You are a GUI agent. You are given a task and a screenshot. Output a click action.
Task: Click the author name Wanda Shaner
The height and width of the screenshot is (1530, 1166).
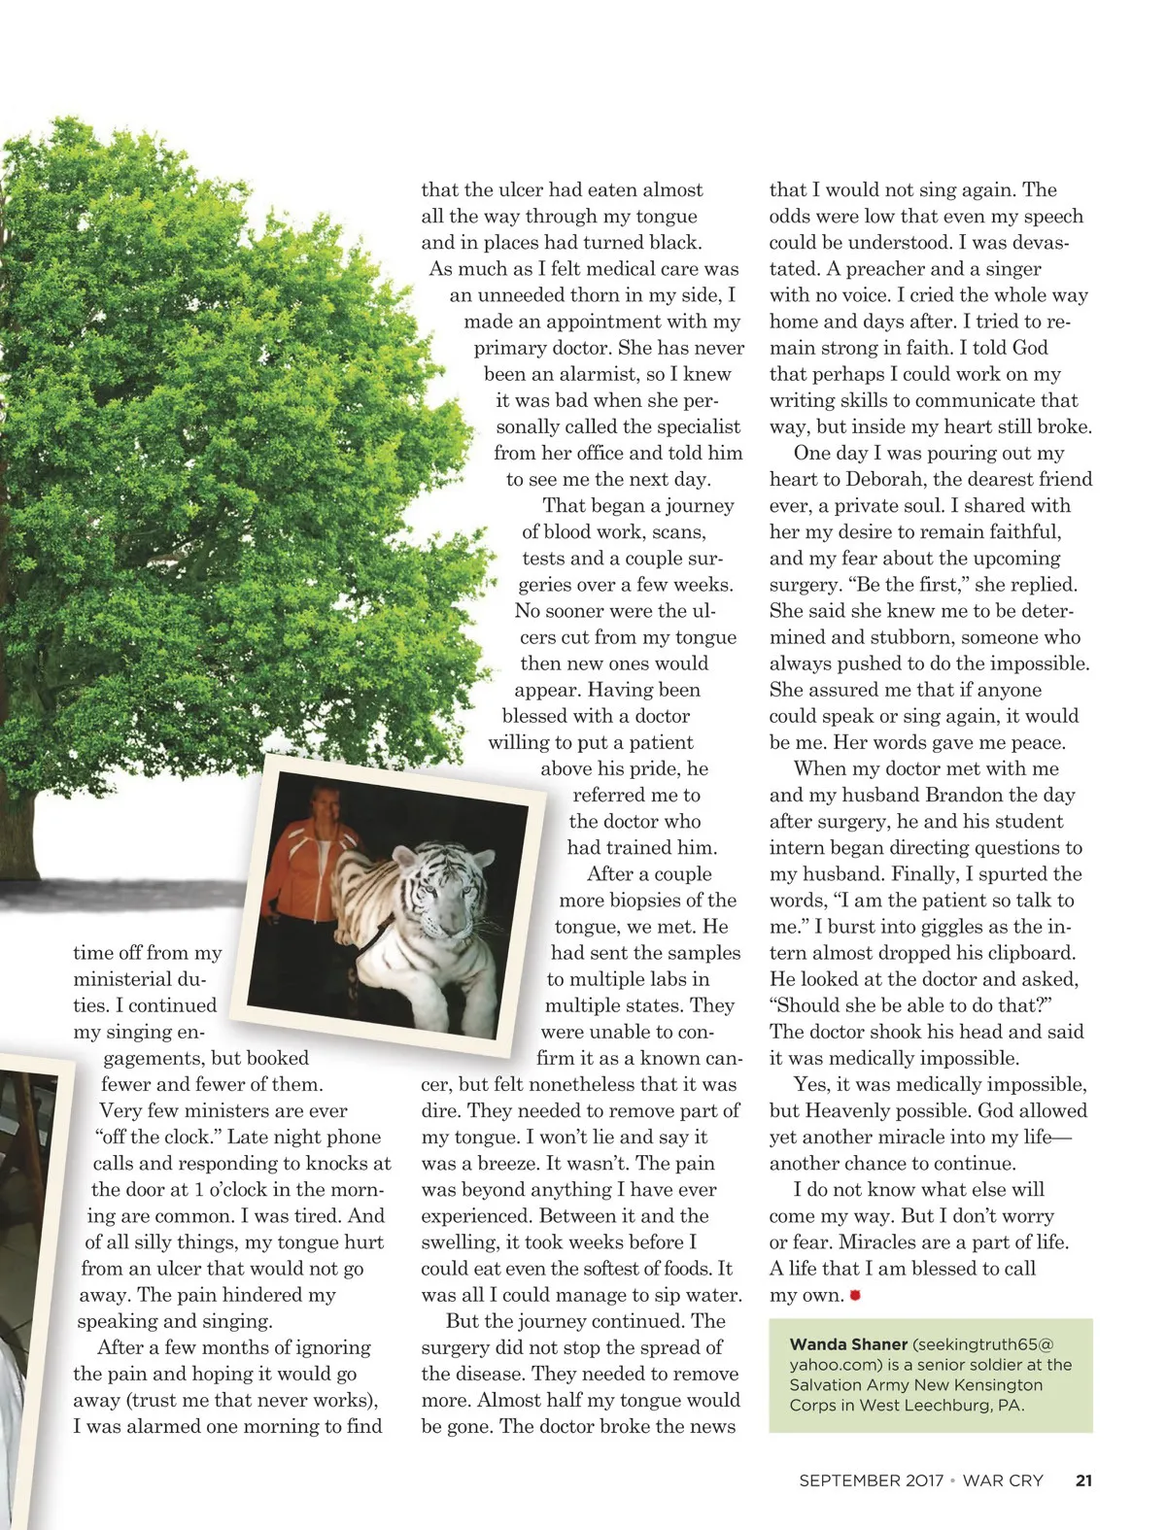pos(847,1344)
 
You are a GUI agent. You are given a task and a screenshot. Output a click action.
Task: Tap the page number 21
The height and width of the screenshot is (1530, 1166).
pos(1083,1481)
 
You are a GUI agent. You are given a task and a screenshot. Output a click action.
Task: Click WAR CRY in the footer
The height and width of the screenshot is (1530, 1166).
pos(1003,1481)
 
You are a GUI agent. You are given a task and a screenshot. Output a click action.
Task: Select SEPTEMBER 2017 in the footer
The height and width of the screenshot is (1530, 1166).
pos(871,1481)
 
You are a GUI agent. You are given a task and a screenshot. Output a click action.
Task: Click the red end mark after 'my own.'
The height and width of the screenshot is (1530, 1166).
pos(855,1295)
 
